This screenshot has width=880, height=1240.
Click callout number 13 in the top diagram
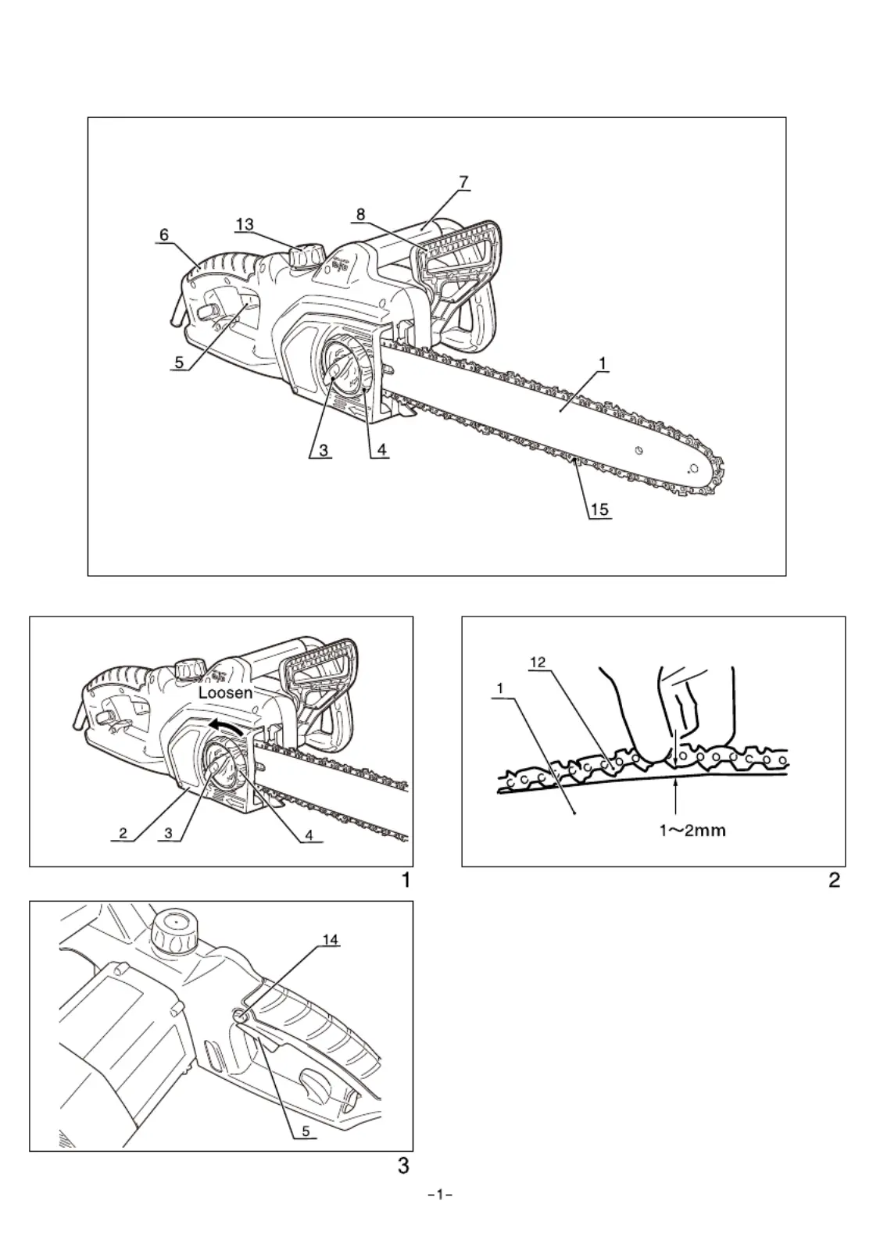[x=245, y=224]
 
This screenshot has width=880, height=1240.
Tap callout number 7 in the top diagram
[x=463, y=182]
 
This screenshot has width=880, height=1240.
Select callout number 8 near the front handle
[x=360, y=214]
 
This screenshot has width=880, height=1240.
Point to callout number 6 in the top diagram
[x=164, y=234]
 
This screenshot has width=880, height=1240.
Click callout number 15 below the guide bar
[x=599, y=509]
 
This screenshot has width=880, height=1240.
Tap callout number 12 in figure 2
[x=538, y=662]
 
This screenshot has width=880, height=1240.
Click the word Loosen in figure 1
[x=225, y=692]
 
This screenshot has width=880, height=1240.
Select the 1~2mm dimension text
[x=692, y=831]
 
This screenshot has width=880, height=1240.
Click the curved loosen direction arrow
[x=225, y=727]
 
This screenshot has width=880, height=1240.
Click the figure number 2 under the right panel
[x=834, y=880]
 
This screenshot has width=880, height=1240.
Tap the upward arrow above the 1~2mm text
[x=676, y=799]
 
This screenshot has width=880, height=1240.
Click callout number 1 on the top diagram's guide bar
[x=602, y=363]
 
